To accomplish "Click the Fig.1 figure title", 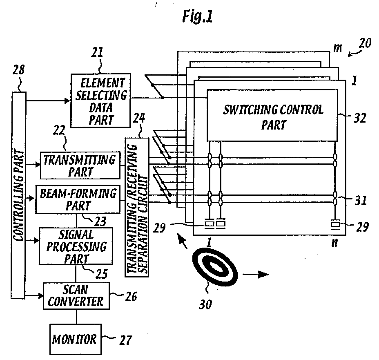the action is [198, 17].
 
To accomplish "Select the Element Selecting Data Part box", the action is [100, 101].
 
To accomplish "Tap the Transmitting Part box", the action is [80, 165].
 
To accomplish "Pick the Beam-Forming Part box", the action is [78, 199].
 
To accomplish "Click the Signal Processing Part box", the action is [76, 246].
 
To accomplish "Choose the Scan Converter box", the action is [76, 296].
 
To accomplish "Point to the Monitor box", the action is [76, 339].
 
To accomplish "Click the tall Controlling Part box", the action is [18, 195].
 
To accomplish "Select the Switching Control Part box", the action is [272, 115].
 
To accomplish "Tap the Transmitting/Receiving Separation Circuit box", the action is [137, 207].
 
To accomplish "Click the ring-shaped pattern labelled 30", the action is [215, 268].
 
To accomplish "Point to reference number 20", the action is [365, 44].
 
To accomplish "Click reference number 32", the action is [360, 118].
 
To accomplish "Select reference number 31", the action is [360, 200].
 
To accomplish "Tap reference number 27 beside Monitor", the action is [126, 340].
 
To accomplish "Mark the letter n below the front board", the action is [334, 243].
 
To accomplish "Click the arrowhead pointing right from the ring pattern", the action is [263, 274].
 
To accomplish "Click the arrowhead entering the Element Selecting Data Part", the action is [67, 101].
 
